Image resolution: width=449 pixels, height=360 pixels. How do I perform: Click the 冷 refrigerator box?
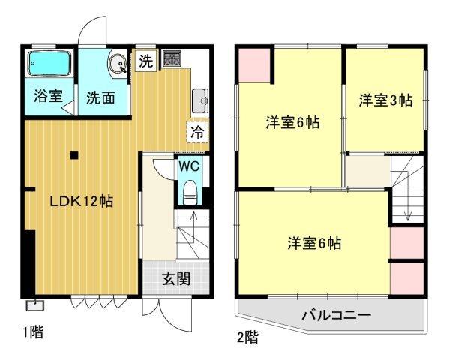click(x=197, y=132)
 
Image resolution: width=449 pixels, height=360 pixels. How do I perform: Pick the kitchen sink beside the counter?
click(x=199, y=97)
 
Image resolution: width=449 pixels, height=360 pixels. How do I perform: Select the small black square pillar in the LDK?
click(x=73, y=157)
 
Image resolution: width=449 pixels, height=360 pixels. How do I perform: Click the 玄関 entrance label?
click(x=175, y=280)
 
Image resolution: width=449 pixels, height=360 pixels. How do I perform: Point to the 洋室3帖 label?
click(x=384, y=100)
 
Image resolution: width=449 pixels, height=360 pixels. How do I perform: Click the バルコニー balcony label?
click(x=336, y=314)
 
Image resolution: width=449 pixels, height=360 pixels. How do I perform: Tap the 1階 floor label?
click(x=31, y=331)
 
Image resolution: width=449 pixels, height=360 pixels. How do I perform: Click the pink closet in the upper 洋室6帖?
click(x=253, y=65)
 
